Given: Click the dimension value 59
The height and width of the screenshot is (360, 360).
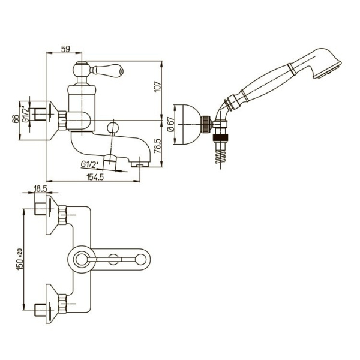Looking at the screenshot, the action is coord(65,49).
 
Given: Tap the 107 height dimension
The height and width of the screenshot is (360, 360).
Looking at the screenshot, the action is coord(158,86).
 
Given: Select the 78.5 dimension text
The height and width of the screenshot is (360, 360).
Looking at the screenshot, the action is coord(158,146).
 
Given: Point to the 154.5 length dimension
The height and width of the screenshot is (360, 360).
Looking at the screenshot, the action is coord(95,177).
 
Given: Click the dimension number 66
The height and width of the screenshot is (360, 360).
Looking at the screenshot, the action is coord(16,119).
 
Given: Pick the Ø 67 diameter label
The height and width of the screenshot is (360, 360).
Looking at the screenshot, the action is coord(171,124).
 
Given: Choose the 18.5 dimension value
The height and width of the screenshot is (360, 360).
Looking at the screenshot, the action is coord(40,189).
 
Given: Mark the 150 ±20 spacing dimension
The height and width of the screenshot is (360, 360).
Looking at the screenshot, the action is coord(20,259).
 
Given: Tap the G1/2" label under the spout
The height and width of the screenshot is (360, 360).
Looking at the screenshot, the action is coord(89,164).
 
